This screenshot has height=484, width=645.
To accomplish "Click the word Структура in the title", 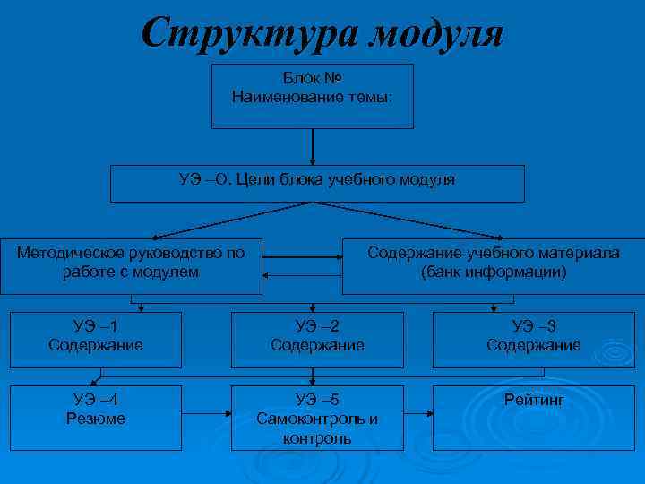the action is click(242, 34).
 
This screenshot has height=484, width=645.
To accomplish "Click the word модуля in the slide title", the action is click(436, 34).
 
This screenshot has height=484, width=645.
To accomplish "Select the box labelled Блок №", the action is click(312, 96).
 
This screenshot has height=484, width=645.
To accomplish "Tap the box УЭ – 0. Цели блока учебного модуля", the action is click(316, 183).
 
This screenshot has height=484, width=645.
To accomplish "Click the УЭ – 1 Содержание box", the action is click(96, 339).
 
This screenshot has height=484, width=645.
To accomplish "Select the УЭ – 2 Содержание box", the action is click(317, 339).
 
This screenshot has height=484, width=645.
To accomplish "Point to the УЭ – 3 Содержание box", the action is click(533, 339).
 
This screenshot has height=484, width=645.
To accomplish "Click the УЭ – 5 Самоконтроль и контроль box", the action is click(317, 418).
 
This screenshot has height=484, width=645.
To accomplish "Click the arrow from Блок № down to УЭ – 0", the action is click(312, 146).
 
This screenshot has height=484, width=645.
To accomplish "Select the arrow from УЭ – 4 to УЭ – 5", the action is click(206, 414).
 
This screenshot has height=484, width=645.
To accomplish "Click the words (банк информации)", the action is click(494, 272).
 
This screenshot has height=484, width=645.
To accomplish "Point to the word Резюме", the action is click(96, 419).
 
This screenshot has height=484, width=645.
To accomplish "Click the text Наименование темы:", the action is click(311, 96).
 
